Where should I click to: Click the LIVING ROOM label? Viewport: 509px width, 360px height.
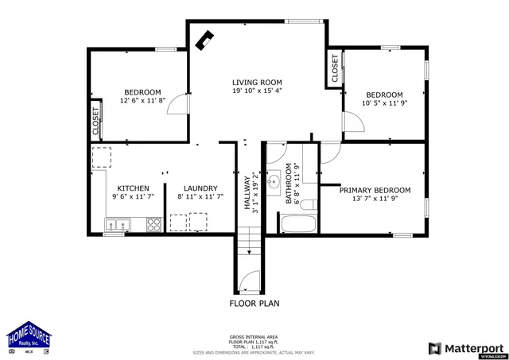tap(257, 82)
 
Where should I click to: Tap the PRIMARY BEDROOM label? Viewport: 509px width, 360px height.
tap(375, 190)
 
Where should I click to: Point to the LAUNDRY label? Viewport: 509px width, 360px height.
tap(195, 188)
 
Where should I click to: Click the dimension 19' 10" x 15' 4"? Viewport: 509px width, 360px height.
tap(257, 91)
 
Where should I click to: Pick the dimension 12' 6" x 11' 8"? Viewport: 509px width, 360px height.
tap(142, 101)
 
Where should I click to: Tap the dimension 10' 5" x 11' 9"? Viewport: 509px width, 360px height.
tap(384, 103)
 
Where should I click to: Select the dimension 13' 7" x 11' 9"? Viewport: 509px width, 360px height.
tap(375, 199)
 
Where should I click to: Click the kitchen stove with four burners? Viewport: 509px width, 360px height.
tap(153, 225)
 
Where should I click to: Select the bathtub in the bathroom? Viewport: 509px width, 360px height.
tap(297, 225)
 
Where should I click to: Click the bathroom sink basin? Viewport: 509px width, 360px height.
tap(273, 177)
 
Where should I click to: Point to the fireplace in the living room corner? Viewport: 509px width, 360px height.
tap(206, 39)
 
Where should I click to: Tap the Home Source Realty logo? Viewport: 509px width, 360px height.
tap(29, 339)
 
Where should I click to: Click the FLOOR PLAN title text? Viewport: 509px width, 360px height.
tap(254, 303)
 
